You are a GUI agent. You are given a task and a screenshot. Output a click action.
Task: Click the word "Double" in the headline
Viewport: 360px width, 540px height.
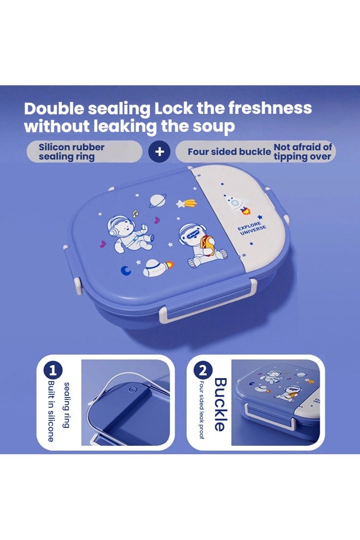(54, 109)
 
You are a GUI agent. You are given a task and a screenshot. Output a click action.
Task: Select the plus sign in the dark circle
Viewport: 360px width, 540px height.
(159, 151)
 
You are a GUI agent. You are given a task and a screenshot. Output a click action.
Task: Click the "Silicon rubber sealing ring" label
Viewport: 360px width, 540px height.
(72, 152)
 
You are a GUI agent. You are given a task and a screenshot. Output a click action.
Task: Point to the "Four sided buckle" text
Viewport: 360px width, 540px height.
(229, 152)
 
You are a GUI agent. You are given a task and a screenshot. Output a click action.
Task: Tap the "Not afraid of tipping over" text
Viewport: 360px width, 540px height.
(302, 152)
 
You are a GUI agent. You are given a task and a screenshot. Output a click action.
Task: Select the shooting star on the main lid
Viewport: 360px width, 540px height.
(187, 203)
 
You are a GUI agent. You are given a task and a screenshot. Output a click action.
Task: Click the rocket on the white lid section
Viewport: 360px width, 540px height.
(237, 204)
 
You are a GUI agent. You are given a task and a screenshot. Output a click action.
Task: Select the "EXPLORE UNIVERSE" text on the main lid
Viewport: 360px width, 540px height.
(252, 229)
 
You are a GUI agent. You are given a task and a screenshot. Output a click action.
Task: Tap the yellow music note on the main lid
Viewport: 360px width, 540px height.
(135, 214)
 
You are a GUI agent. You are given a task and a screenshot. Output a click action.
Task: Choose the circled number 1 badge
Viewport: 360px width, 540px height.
(53, 370)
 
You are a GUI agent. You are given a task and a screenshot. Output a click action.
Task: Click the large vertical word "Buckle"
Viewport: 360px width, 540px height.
(220, 404)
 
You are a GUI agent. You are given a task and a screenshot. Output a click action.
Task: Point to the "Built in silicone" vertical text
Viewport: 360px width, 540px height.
(51, 411)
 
